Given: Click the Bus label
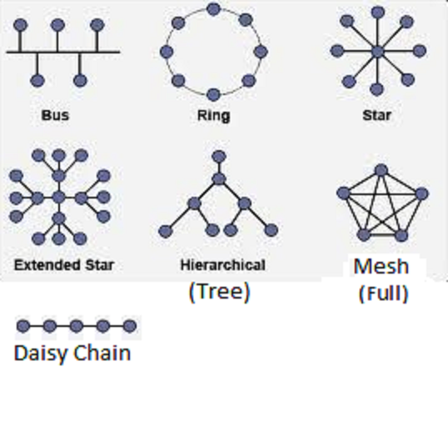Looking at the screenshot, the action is pyautogui.click(x=55, y=115).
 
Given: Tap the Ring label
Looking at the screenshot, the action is pyautogui.click(x=214, y=116).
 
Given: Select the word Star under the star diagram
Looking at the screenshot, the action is pyautogui.click(x=376, y=115).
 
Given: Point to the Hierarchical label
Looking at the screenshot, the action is pyautogui.click(x=223, y=265).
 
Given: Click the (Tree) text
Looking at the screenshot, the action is pyautogui.click(x=220, y=292).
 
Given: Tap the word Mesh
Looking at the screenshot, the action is pyautogui.click(x=381, y=266).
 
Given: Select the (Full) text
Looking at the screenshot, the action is pyautogui.click(x=383, y=294).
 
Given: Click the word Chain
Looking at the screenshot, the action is pyautogui.click(x=102, y=353).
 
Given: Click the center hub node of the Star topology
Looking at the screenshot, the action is pyautogui.click(x=378, y=52).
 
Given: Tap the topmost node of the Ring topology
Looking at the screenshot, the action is pyautogui.click(x=213, y=9).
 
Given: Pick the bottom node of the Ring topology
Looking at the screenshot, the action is pyautogui.click(x=213, y=94).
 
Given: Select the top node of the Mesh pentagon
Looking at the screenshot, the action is pyautogui.click(x=381, y=170).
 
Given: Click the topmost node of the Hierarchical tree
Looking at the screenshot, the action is pyautogui.click(x=219, y=157).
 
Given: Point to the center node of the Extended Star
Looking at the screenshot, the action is pyautogui.click(x=59, y=197).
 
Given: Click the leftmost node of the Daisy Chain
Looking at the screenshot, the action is pyautogui.click(x=23, y=326).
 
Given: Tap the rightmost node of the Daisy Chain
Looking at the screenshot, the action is pyautogui.click(x=130, y=326).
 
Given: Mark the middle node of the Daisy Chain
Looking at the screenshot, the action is pyautogui.click(x=77, y=326).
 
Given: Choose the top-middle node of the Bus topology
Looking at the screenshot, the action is pyautogui.click(x=57, y=25).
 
